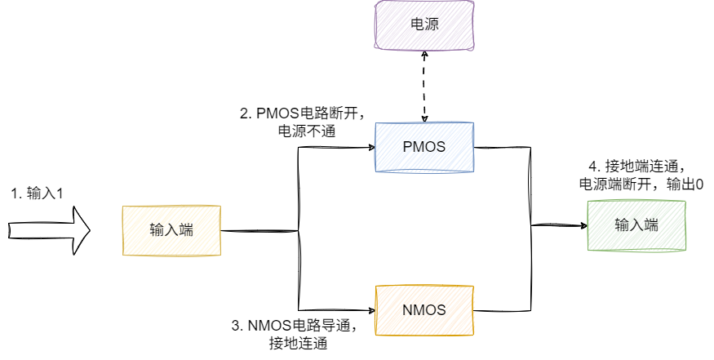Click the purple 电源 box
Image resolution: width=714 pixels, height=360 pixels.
(x=424, y=24)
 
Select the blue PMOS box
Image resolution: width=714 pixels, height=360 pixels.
(x=424, y=148)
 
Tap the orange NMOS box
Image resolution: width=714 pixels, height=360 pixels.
(x=424, y=310)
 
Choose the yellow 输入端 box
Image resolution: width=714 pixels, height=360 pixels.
(x=171, y=230)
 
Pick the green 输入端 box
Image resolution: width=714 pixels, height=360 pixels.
(x=636, y=225)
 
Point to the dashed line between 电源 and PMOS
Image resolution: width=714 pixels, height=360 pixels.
(x=424, y=86)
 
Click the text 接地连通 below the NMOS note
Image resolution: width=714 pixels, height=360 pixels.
(x=298, y=344)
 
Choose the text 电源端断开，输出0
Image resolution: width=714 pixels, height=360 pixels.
(x=641, y=184)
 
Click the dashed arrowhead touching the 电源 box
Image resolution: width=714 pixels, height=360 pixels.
(x=424, y=54)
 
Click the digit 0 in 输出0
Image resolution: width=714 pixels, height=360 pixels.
(x=699, y=185)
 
